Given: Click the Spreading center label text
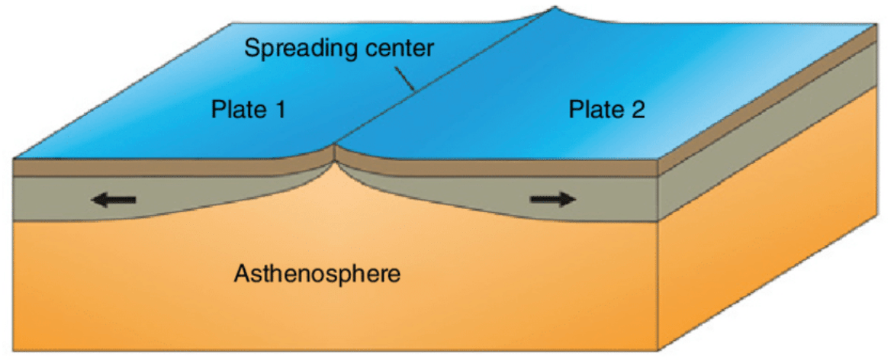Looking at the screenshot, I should tap(339, 50).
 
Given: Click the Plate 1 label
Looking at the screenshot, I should tap(248, 111).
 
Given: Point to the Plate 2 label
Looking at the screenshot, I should tap(607, 111).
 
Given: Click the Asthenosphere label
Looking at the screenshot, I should tap(318, 273).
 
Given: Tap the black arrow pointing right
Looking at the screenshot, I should tap(553, 199).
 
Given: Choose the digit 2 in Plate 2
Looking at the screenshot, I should tap(638, 111).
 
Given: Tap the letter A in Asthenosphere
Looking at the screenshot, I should tap(242, 273).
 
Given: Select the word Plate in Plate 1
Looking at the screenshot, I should tap(236, 111).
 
